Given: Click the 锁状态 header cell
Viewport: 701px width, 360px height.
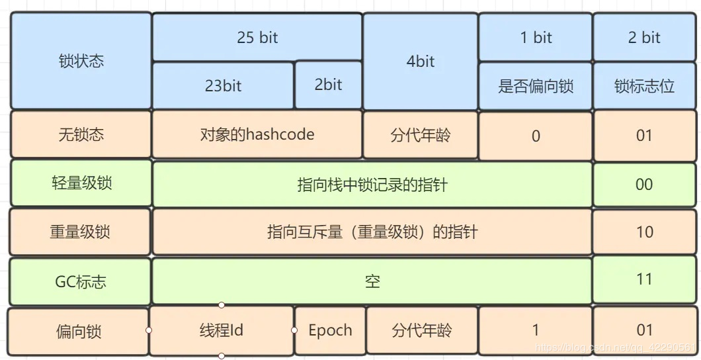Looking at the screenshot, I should [81, 62].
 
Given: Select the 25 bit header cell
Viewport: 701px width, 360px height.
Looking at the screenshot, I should [257, 38].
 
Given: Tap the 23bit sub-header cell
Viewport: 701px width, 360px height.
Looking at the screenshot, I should [223, 85].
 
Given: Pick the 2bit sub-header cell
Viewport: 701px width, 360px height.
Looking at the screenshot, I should [328, 85].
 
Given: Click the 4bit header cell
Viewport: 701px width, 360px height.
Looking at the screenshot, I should [421, 62].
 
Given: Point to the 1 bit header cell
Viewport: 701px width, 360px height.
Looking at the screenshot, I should [536, 38].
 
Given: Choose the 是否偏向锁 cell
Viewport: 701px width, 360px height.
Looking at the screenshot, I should [536, 86].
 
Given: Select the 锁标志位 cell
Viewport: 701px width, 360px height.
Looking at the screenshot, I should [644, 86].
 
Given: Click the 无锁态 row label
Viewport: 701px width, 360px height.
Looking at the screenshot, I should [81, 135].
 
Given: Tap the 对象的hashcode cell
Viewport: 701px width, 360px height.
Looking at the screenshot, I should [257, 135].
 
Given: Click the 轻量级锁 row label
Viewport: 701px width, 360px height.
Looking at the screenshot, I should [81, 183].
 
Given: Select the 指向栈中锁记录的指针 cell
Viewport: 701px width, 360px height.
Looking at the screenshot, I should [372, 185].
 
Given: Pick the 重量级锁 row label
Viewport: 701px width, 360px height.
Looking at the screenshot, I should [80, 232].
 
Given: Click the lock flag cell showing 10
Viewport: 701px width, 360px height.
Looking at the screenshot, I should [644, 232].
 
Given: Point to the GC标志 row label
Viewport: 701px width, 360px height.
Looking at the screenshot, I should [80, 281].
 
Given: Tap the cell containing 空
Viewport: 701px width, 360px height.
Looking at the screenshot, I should [372, 281].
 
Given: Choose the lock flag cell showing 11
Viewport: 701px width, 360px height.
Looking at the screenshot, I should [644, 279].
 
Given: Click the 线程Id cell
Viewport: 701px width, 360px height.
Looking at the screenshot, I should [222, 330].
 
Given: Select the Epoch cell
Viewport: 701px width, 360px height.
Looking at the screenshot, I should [330, 330].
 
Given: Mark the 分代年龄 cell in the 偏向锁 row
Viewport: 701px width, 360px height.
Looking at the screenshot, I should [421, 330].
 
